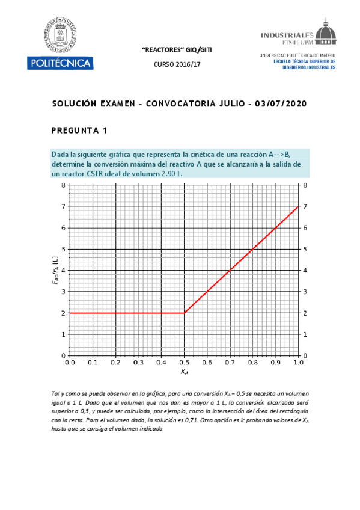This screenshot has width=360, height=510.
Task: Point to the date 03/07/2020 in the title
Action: pos(281,103)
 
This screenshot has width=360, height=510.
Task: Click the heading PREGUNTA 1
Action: pos(79,129)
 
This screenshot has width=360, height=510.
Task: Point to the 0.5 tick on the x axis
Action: pos(184,363)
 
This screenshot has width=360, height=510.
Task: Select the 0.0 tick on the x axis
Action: pos(70,363)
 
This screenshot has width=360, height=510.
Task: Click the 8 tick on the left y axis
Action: pos(63,185)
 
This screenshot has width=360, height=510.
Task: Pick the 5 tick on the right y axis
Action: pos(305,249)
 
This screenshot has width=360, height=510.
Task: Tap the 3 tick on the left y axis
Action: pos(63,292)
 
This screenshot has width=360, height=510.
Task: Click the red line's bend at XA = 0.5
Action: pos(184,313)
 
